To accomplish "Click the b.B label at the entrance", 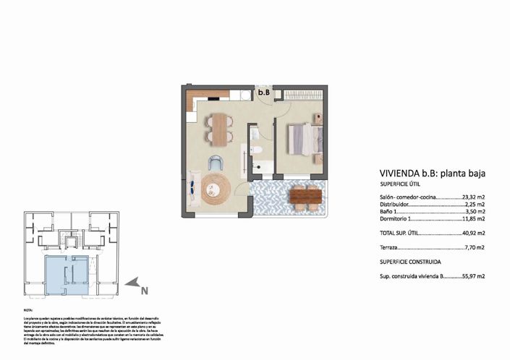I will (264, 93).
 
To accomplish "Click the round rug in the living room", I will (216, 188).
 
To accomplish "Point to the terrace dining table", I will (305, 196).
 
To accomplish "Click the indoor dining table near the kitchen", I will (218, 128).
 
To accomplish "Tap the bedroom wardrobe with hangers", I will (304, 95).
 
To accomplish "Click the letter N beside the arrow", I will (145, 291).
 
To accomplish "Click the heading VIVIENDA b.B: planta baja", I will (432, 173).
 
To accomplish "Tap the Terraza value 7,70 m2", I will (475, 247).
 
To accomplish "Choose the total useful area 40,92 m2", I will (473, 233).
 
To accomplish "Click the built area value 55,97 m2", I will (473, 275).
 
